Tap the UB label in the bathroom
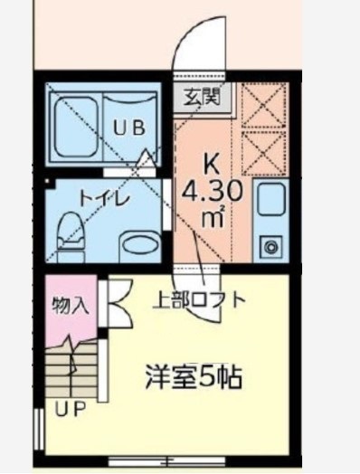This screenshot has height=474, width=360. click(128, 128)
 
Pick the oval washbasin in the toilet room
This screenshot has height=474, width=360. click(139, 243)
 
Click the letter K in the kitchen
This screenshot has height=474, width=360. click(211, 166)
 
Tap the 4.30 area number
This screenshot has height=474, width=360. click(210, 192)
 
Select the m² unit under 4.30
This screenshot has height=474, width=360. click(213, 217)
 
